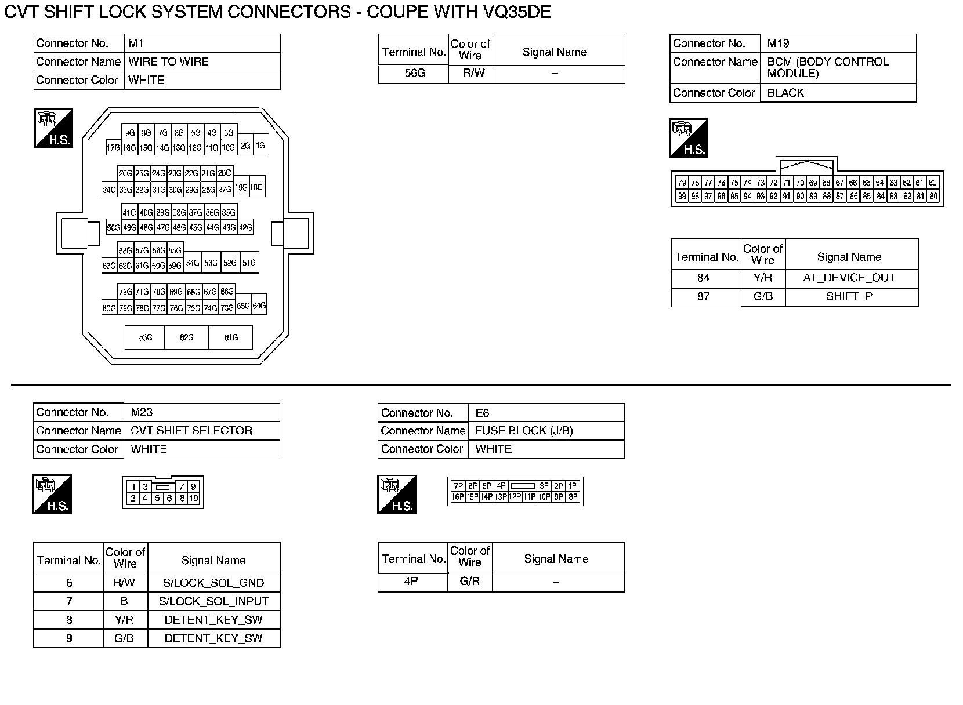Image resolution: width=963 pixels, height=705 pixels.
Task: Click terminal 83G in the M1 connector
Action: point(145,337)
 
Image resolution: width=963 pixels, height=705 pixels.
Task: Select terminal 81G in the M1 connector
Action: point(231,337)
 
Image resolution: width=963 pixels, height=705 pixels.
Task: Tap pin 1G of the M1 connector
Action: point(260,146)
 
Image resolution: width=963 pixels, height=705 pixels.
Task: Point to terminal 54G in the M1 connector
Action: point(193,263)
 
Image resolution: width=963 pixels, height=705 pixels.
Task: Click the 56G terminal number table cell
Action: point(414,74)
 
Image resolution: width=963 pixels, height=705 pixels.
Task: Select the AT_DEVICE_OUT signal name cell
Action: point(849,278)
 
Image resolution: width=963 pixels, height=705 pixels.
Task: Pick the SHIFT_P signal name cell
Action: point(849,296)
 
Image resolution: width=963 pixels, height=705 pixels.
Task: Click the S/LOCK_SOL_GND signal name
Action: point(213,583)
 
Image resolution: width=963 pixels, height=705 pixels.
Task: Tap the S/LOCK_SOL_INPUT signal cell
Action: point(213,601)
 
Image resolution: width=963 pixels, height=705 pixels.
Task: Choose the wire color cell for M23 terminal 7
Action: point(124,601)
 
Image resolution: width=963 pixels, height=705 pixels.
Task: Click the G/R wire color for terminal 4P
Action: point(469,581)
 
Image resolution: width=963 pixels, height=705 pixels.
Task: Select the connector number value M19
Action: point(778,43)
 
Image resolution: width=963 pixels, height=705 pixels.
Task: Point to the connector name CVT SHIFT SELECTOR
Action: point(191,431)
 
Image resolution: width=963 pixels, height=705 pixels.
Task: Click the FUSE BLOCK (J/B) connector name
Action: point(524,431)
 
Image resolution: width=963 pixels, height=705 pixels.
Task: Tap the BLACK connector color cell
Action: point(785,93)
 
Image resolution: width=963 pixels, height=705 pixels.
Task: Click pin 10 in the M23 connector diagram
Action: point(193,498)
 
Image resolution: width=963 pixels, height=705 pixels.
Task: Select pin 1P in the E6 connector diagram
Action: point(573,486)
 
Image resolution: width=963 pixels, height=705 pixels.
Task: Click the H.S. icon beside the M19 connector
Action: point(689,138)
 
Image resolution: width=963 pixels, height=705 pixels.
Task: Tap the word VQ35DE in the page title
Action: point(516,12)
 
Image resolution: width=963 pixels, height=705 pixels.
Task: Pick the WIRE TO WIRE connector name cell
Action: point(168,62)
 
